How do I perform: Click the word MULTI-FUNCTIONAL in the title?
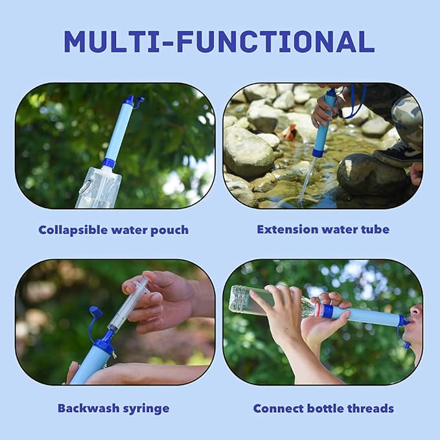(x=219, y=41)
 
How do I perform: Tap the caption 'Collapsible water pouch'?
(x=113, y=229)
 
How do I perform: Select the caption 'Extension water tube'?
(x=323, y=229)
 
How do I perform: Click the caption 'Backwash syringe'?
(x=113, y=408)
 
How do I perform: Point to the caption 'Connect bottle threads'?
(x=323, y=408)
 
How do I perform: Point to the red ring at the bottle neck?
(x=318, y=310)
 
